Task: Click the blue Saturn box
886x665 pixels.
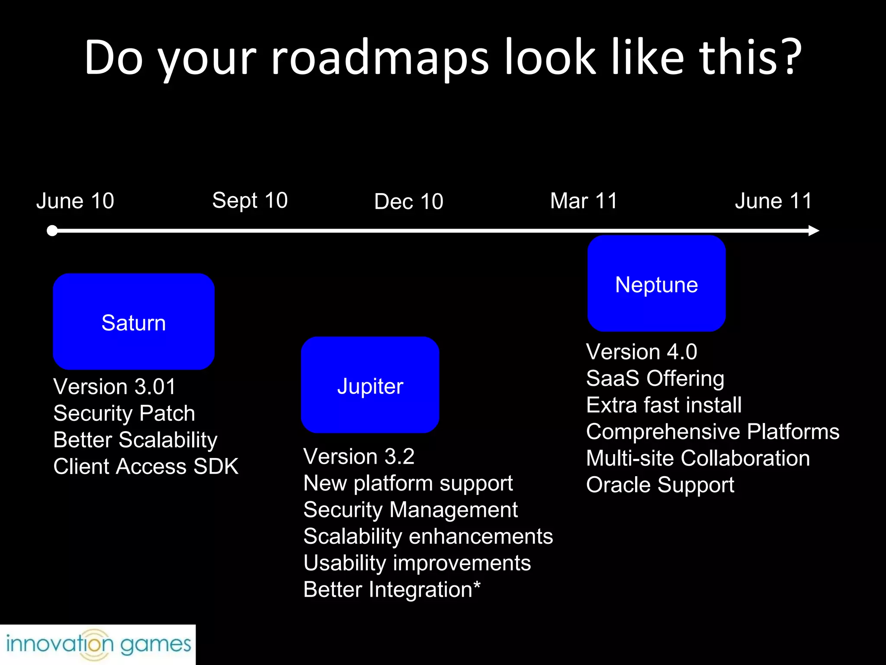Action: (x=134, y=321)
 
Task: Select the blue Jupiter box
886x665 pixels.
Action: (x=370, y=384)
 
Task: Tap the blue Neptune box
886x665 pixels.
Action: (x=656, y=284)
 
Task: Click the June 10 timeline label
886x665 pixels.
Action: (x=75, y=201)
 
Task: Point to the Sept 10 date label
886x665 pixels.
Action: (x=250, y=200)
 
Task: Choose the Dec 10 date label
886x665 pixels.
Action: (x=408, y=202)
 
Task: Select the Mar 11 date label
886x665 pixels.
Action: (x=584, y=201)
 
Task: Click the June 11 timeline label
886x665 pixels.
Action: (x=773, y=201)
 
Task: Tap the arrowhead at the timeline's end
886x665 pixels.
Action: (x=813, y=231)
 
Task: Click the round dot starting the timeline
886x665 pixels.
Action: (x=52, y=231)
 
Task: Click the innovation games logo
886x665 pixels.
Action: (x=98, y=644)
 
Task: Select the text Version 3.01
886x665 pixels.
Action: (x=115, y=387)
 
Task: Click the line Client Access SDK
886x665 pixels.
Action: (x=146, y=467)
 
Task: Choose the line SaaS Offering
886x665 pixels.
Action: (x=655, y=378)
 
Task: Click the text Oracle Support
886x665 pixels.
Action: (x=660, y=485)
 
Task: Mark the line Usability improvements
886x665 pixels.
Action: (x=417, y=563)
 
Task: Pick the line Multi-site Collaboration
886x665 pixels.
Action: (x=698, y=458)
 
